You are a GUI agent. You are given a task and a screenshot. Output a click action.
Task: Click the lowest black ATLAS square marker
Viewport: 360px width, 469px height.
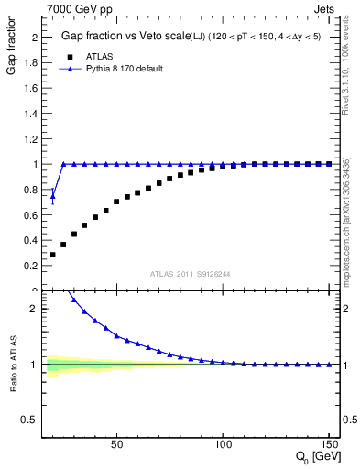(x=53, y=255)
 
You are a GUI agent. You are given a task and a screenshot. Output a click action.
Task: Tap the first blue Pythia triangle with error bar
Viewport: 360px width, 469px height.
(x=53, y=195)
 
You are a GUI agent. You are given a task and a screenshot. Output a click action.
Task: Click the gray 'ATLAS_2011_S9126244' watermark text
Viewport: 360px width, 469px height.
(x=190, y=274)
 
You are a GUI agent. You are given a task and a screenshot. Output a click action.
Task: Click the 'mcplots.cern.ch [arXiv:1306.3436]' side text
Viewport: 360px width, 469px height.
(x=347, y=220)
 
